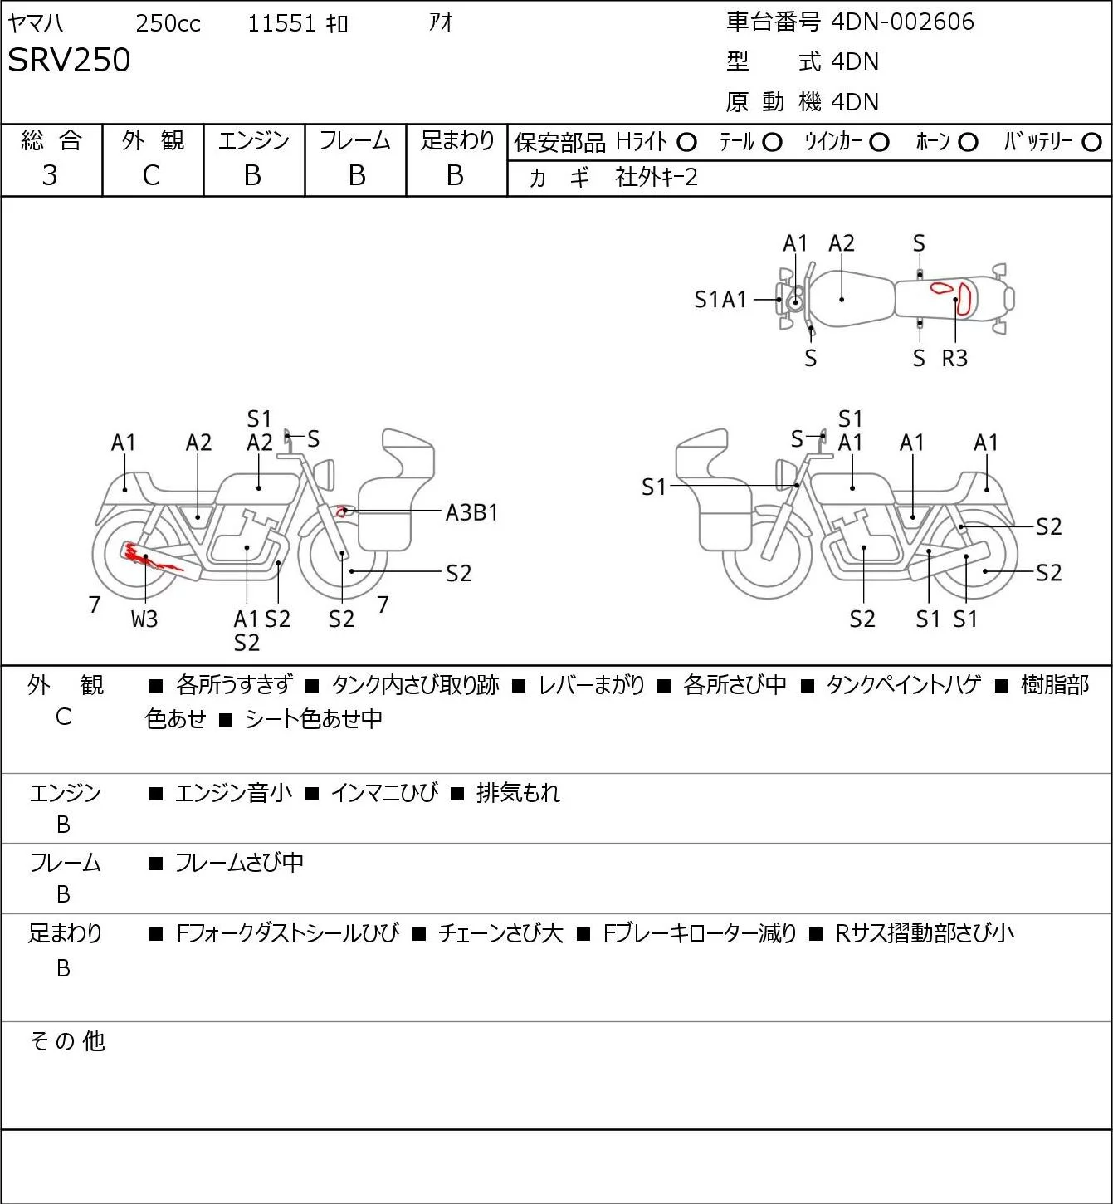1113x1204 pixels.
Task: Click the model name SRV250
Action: click(69, 60)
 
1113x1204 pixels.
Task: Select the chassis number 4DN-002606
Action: click(902, 22)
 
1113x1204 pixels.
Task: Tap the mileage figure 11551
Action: click(281, 23)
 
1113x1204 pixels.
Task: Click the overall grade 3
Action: click(50, 175)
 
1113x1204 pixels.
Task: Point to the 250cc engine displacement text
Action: click(168, 23)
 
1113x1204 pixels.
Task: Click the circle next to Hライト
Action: click(686, 143)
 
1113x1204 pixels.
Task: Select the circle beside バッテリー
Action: click(1091, 143)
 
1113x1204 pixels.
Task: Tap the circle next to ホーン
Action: click(968, 143)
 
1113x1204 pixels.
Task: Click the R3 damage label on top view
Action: click(954, 358)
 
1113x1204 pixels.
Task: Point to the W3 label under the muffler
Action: click(144, 619)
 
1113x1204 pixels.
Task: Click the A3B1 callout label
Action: click(471, 513)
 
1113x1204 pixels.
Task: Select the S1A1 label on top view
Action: click(720, 300)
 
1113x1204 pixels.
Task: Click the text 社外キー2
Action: click(657, 178)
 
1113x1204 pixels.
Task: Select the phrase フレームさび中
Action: click(239, 863)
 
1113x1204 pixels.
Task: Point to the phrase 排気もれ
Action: click(518, 793)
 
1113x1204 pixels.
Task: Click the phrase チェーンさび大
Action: click(500, 933)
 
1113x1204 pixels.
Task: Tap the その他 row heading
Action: click(67, 1041)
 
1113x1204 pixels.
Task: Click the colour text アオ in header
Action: click(441, 22)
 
